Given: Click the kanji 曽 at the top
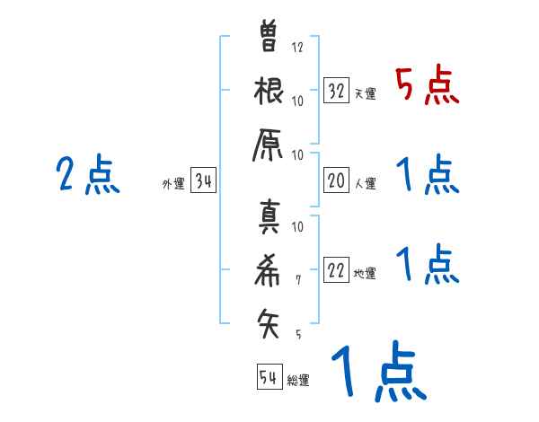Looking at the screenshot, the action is pos(269,38).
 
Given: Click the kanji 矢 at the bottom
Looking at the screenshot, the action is pos(269,320).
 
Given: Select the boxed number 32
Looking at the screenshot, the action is pos(337,90).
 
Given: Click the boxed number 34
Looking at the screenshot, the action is pos(204,182).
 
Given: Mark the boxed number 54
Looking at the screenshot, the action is pos(269,377).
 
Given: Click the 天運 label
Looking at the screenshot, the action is pos(365,93).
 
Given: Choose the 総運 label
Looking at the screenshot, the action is pos(298,381).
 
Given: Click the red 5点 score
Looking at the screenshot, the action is pos(428,86).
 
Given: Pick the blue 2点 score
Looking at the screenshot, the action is pos(88,175).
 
